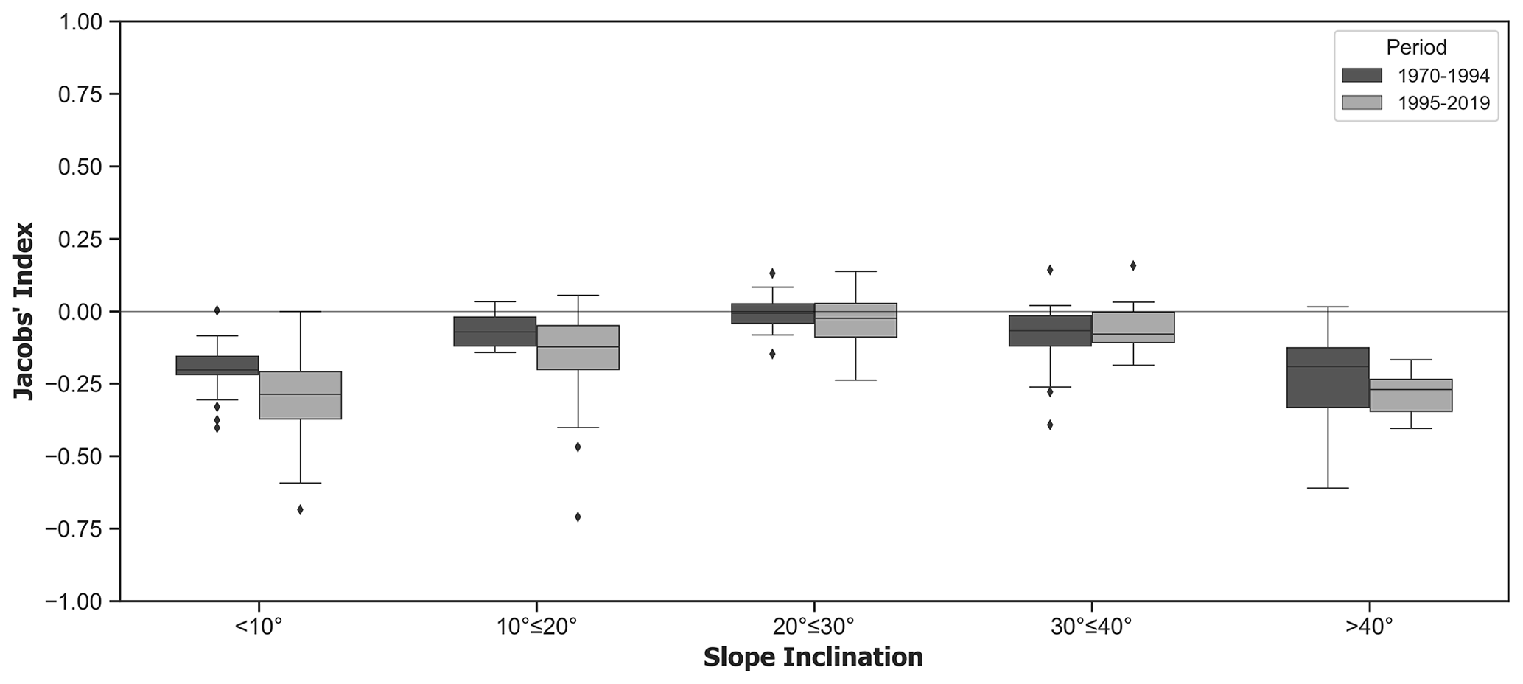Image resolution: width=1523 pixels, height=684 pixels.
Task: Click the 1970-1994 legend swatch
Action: pos(1362,75)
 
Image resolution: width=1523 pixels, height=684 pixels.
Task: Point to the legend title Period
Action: pos(1416,48)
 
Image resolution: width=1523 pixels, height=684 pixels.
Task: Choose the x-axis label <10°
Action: pos(259,627)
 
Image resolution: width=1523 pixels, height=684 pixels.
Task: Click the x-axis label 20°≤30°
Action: pos(813,627)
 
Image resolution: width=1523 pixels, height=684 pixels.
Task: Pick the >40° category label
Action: pos(1369,627)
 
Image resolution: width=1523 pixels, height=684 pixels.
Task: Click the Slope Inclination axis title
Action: pos(813,657)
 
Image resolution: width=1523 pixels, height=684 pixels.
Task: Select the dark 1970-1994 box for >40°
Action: pos(1328,377)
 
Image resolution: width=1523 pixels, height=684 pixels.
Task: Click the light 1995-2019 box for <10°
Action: pos(300,395)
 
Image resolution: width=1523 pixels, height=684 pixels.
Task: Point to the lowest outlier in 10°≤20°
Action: pos(578,517)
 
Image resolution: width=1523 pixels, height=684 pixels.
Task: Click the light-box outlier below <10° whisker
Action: pos(300,509)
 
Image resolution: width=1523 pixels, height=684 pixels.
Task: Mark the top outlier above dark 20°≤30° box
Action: pos(772,273)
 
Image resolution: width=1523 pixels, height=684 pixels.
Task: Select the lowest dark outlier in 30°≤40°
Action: pos(1050,425)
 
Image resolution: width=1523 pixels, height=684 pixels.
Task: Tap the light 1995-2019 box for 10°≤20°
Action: pos(578,347)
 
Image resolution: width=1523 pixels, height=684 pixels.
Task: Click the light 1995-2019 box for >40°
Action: pos(1410,395)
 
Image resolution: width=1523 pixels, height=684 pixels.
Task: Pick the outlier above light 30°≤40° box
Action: pos(1133,265)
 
